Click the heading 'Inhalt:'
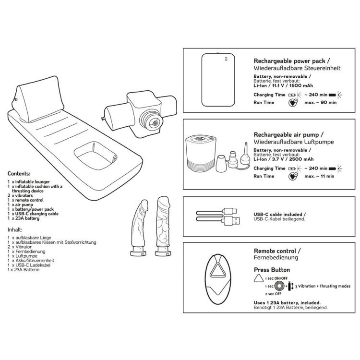(16, 230)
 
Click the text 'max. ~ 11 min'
(319, 176)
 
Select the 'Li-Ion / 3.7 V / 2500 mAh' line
(283, 159)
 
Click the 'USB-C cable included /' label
(279, 215)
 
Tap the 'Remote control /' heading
(277, 251)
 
